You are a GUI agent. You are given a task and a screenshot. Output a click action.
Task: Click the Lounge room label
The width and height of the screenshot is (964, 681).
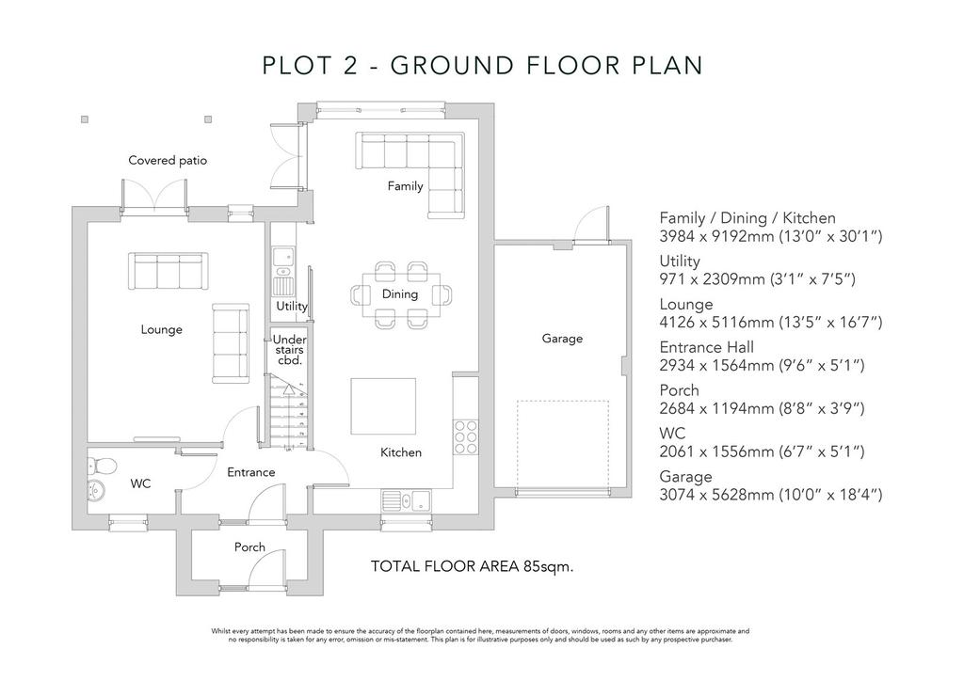tap(161, 330)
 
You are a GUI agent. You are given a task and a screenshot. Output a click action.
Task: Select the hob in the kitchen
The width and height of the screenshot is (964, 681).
tap(465, 437)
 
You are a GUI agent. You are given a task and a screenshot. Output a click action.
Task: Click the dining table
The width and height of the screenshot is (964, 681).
tap(401, 294)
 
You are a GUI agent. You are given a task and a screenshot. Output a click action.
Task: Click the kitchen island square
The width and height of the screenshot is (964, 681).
tap(383, 406)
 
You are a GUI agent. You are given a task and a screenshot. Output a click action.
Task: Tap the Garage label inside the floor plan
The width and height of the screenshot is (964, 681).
tap(562, 339)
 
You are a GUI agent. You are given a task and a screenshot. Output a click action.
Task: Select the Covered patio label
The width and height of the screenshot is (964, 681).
tap(168, 160)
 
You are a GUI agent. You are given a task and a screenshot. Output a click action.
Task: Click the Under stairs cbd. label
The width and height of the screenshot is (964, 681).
tap(290, 350)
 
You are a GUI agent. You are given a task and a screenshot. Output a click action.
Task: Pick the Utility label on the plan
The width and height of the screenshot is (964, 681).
tap(292, 306)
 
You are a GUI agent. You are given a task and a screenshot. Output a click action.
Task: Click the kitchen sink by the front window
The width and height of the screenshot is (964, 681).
tap(407, 500)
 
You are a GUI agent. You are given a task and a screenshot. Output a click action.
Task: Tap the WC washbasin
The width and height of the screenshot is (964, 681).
tap(97, 490)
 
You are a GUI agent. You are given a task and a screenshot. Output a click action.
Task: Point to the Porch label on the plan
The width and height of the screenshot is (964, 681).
tap(249, 547)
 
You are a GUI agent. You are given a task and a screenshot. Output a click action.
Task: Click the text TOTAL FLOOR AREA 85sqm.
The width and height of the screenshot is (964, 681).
tap(472, 566)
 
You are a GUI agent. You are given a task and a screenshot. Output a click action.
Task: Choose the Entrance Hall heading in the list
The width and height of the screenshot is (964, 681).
tap(706, 348)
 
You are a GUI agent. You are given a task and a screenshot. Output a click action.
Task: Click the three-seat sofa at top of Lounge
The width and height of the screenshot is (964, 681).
tap(168, 271)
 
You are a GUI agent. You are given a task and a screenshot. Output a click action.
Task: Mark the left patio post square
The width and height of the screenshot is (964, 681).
tap(85, 119)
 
